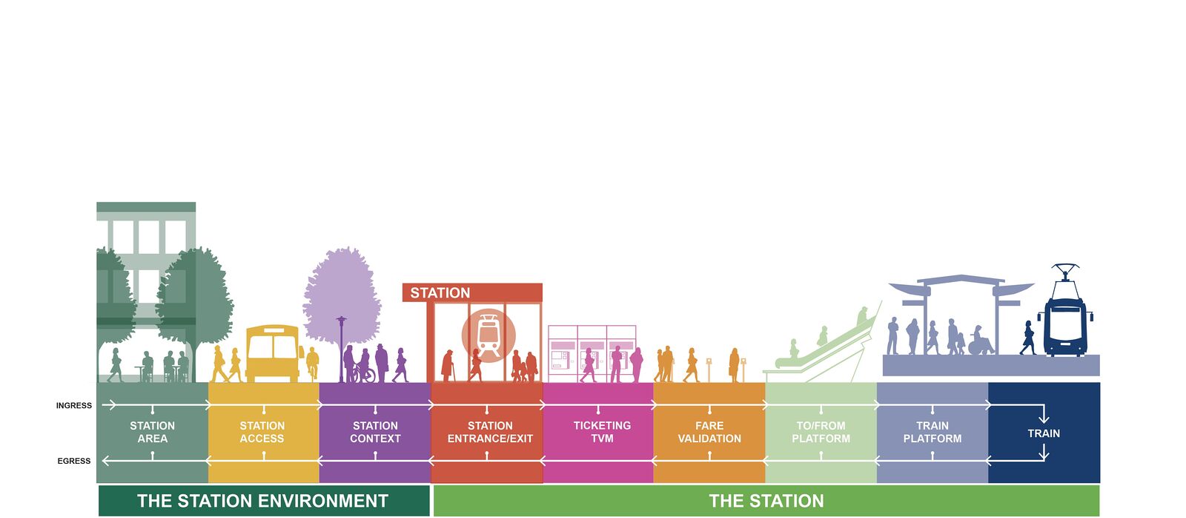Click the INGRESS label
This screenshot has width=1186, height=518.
[74, 406]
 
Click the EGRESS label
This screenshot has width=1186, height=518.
[74, 462]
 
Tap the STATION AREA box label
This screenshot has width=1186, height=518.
[153, 432]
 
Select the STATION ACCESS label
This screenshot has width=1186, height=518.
[262, 432]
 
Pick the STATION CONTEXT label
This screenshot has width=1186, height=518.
[375, 432]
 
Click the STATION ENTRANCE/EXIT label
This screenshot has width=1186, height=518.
[490, 432]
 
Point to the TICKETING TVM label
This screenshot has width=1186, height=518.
[602, 432]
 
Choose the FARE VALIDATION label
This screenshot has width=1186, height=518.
[709, 432]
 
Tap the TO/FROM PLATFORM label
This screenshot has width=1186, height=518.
[821, 432]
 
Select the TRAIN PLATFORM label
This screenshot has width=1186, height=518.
[932, 432]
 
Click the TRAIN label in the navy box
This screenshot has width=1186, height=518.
[1044, 433]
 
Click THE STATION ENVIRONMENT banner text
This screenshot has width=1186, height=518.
[262, 501]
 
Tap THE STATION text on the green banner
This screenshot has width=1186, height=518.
[766, 501]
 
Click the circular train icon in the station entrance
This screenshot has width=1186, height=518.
[488, 335]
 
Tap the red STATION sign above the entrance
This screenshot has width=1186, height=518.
[472, 292]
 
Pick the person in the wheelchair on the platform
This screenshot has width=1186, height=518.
[980, 341]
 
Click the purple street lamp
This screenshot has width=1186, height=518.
[342, 349]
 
